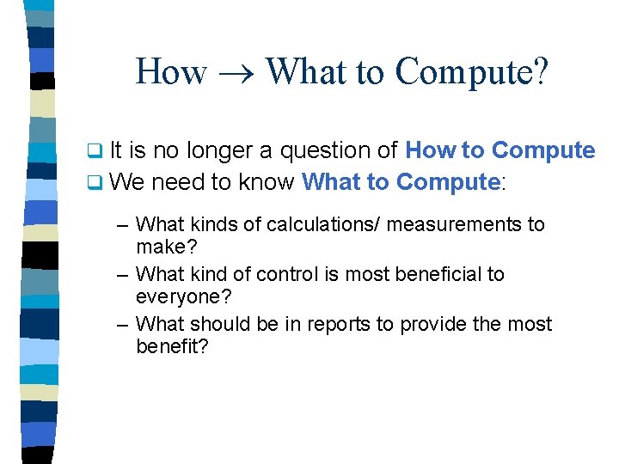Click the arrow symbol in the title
(236, 73)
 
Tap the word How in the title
(171, 71)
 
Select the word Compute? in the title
(471, 71)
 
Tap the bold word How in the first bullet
(431, 151)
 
